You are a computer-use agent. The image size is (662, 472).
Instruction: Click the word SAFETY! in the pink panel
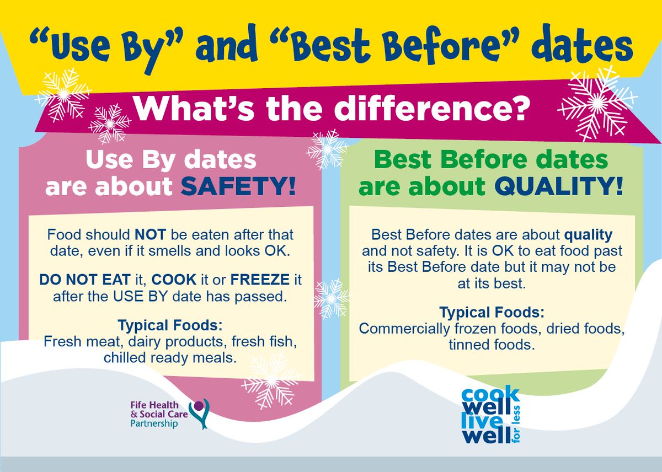[239, 186]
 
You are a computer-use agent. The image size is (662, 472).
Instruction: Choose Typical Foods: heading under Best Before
[492, 313]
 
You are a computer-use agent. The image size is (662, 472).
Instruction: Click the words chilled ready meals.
[170, 357]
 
